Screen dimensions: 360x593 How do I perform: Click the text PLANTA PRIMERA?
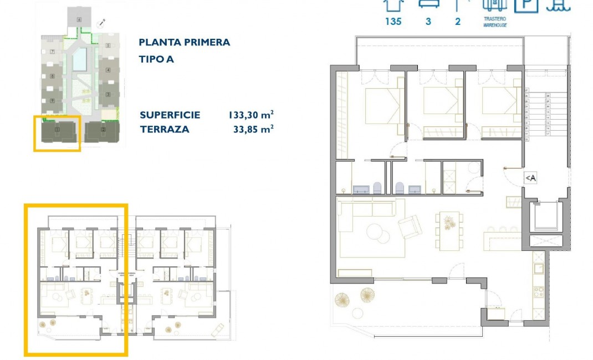point(184,43)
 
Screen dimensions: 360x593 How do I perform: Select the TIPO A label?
point(156,59)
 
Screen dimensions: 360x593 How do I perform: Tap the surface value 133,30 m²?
point(251,115)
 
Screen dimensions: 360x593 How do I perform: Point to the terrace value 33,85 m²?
point(253,130)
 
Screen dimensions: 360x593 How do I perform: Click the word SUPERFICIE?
point(170,115)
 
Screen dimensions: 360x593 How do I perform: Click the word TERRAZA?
point(164,130)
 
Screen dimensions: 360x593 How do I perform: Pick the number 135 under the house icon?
point(393,22)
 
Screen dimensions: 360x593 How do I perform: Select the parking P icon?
point(526,5)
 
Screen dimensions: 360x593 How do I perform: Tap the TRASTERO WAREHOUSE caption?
point(494,22)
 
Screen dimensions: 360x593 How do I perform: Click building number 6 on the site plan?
point(79,20)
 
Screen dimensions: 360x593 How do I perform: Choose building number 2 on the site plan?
point(103,131)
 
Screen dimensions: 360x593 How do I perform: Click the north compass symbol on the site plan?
point(102,23)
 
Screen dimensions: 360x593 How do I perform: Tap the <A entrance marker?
point(530,178)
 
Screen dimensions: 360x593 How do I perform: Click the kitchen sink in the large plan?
point(537,269)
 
